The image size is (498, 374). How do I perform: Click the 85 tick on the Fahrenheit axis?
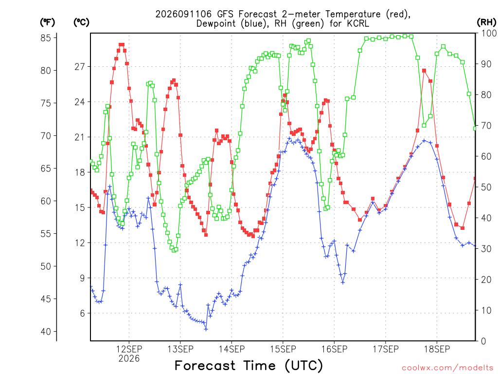(46, 38)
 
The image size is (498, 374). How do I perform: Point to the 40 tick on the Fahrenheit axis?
(46, 332)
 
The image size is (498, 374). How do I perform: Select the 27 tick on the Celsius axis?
(80, 67)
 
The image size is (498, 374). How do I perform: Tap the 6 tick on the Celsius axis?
(83, 313)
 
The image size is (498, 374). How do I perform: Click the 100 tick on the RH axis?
(489, 33)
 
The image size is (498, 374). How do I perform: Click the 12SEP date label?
(129, 349)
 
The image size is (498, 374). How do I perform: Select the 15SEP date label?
(283, 349)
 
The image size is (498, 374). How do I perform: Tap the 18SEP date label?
(437, 349)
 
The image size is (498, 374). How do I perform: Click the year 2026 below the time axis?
(129, 359)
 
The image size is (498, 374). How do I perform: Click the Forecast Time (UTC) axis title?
(249, 366)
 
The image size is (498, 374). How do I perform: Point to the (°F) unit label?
(47, 22)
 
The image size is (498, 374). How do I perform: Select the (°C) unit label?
(81, 22)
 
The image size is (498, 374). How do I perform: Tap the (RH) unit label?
(486, 22)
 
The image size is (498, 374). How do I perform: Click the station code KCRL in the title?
(358, 23)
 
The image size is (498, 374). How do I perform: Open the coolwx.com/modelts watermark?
(448, 368)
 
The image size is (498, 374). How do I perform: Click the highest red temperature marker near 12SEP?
(122, 45)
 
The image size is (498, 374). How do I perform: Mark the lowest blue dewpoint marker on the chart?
(206, 329)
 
